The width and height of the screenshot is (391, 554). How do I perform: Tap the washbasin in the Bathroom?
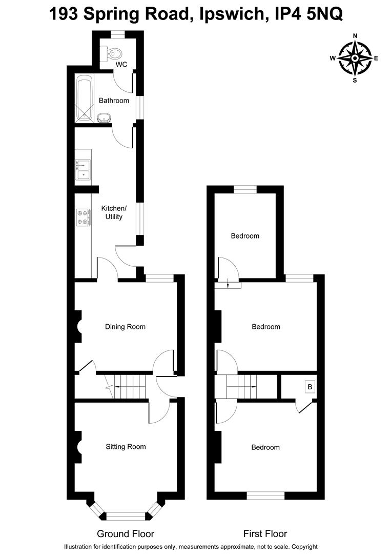[105, 118]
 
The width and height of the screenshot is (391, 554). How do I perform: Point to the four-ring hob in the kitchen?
[83, 217]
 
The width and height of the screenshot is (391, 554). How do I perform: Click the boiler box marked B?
[310, 387]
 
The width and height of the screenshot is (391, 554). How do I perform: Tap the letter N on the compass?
[355, 36]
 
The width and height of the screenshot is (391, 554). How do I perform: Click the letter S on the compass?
[355, 80]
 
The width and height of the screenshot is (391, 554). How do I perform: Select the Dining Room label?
[125, 327]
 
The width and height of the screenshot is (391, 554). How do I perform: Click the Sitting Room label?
[126, 447]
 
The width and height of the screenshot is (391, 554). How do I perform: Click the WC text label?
[121, 65]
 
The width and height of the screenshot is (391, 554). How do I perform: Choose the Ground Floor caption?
[126, 534]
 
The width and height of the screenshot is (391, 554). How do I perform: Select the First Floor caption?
[265, 534]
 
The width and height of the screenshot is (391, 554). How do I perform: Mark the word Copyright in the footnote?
[302, 547]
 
